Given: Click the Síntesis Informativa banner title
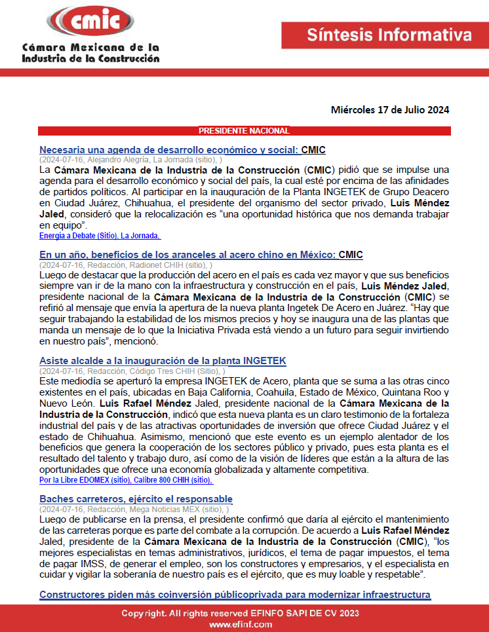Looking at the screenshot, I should click(x=389, y=35).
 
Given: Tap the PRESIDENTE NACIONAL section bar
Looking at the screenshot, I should click(x=244, y=131).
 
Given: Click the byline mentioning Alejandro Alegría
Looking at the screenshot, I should click(x=130, y=159).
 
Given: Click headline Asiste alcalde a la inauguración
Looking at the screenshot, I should click(x=163, y=361).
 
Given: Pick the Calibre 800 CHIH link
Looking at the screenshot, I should click(x=180, y=480).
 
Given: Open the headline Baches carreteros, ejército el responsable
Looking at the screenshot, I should click(x=136, y=499).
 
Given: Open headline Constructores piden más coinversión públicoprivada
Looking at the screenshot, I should click(x=235, y=594).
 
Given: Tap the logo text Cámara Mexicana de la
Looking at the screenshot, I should click(x=90, y=48).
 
